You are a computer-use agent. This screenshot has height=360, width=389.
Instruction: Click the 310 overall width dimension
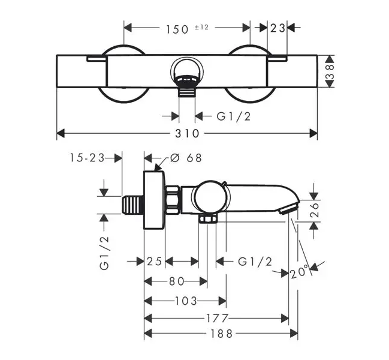pyautogui.click(x=187, y=134)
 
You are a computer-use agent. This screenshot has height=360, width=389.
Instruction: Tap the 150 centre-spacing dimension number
pyautogui.click(x=177, y=29)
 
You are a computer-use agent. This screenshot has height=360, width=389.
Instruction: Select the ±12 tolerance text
pyautogui.click(x=201, y=28)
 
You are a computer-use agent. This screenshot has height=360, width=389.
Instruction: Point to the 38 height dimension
pyautogui.click(x=330, y=72)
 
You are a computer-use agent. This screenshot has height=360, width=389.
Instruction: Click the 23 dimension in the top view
pyautogui.click(x=278, y=28)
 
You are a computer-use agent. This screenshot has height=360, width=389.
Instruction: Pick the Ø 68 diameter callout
pyautogui.click(x=186, y=158)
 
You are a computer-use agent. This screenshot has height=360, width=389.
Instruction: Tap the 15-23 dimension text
pyautogui.click(x=87, y=158)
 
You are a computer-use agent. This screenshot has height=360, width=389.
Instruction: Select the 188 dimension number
pyautogui.click(x=221, y=334)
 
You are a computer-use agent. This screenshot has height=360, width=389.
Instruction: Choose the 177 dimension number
pyautogui.click(x=218, y=318)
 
